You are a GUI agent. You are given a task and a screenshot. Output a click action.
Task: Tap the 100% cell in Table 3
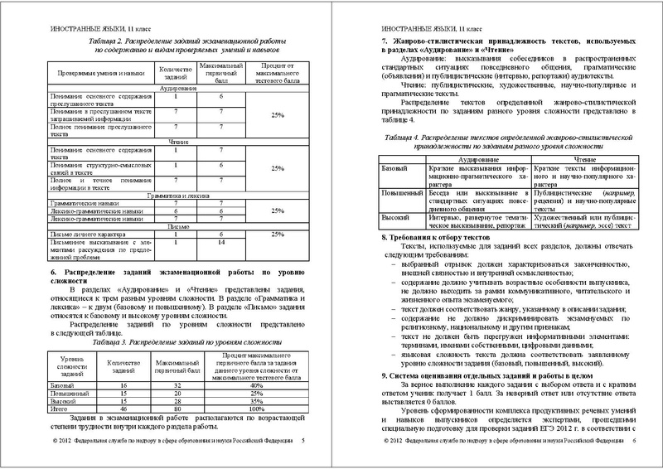[256, 409]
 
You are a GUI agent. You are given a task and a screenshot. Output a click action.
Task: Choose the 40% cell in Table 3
[256, 386]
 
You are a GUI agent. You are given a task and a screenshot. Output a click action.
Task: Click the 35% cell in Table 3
[256, 402]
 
